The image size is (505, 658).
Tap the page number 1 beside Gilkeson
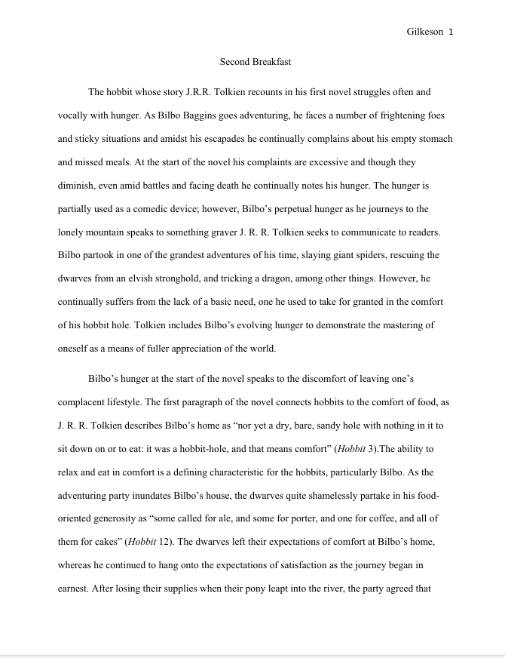pyautogui.click(x=450, y=32)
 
